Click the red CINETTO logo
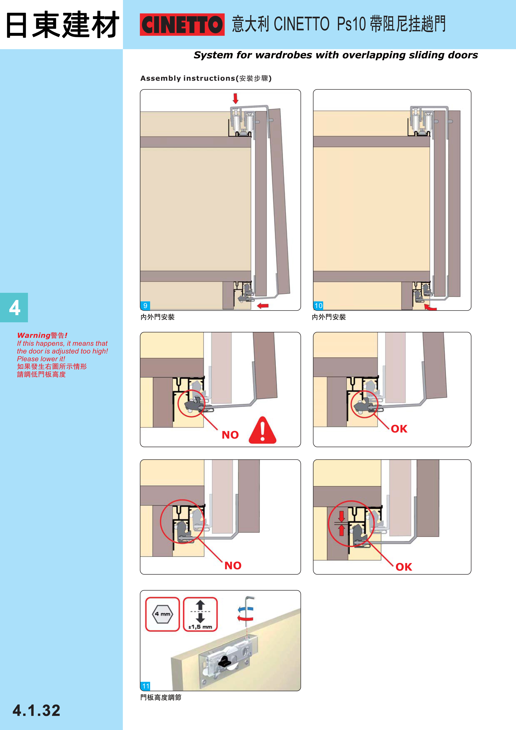tap(182, 25)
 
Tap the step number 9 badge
tap(145, 305)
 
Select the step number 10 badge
tap(318, 305)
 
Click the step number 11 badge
tap(146, 686)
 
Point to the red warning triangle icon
tap(263, 430)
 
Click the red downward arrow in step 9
tap(235, 98)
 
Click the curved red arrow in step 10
tap(430, 307)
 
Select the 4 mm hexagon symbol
tap(162, 614)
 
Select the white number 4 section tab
tap(14, 307)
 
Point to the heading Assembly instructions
tap(188, 78)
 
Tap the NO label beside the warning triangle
tap(230, 435)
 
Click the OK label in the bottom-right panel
tap(404, 567)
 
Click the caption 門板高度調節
tap(161, 697)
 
